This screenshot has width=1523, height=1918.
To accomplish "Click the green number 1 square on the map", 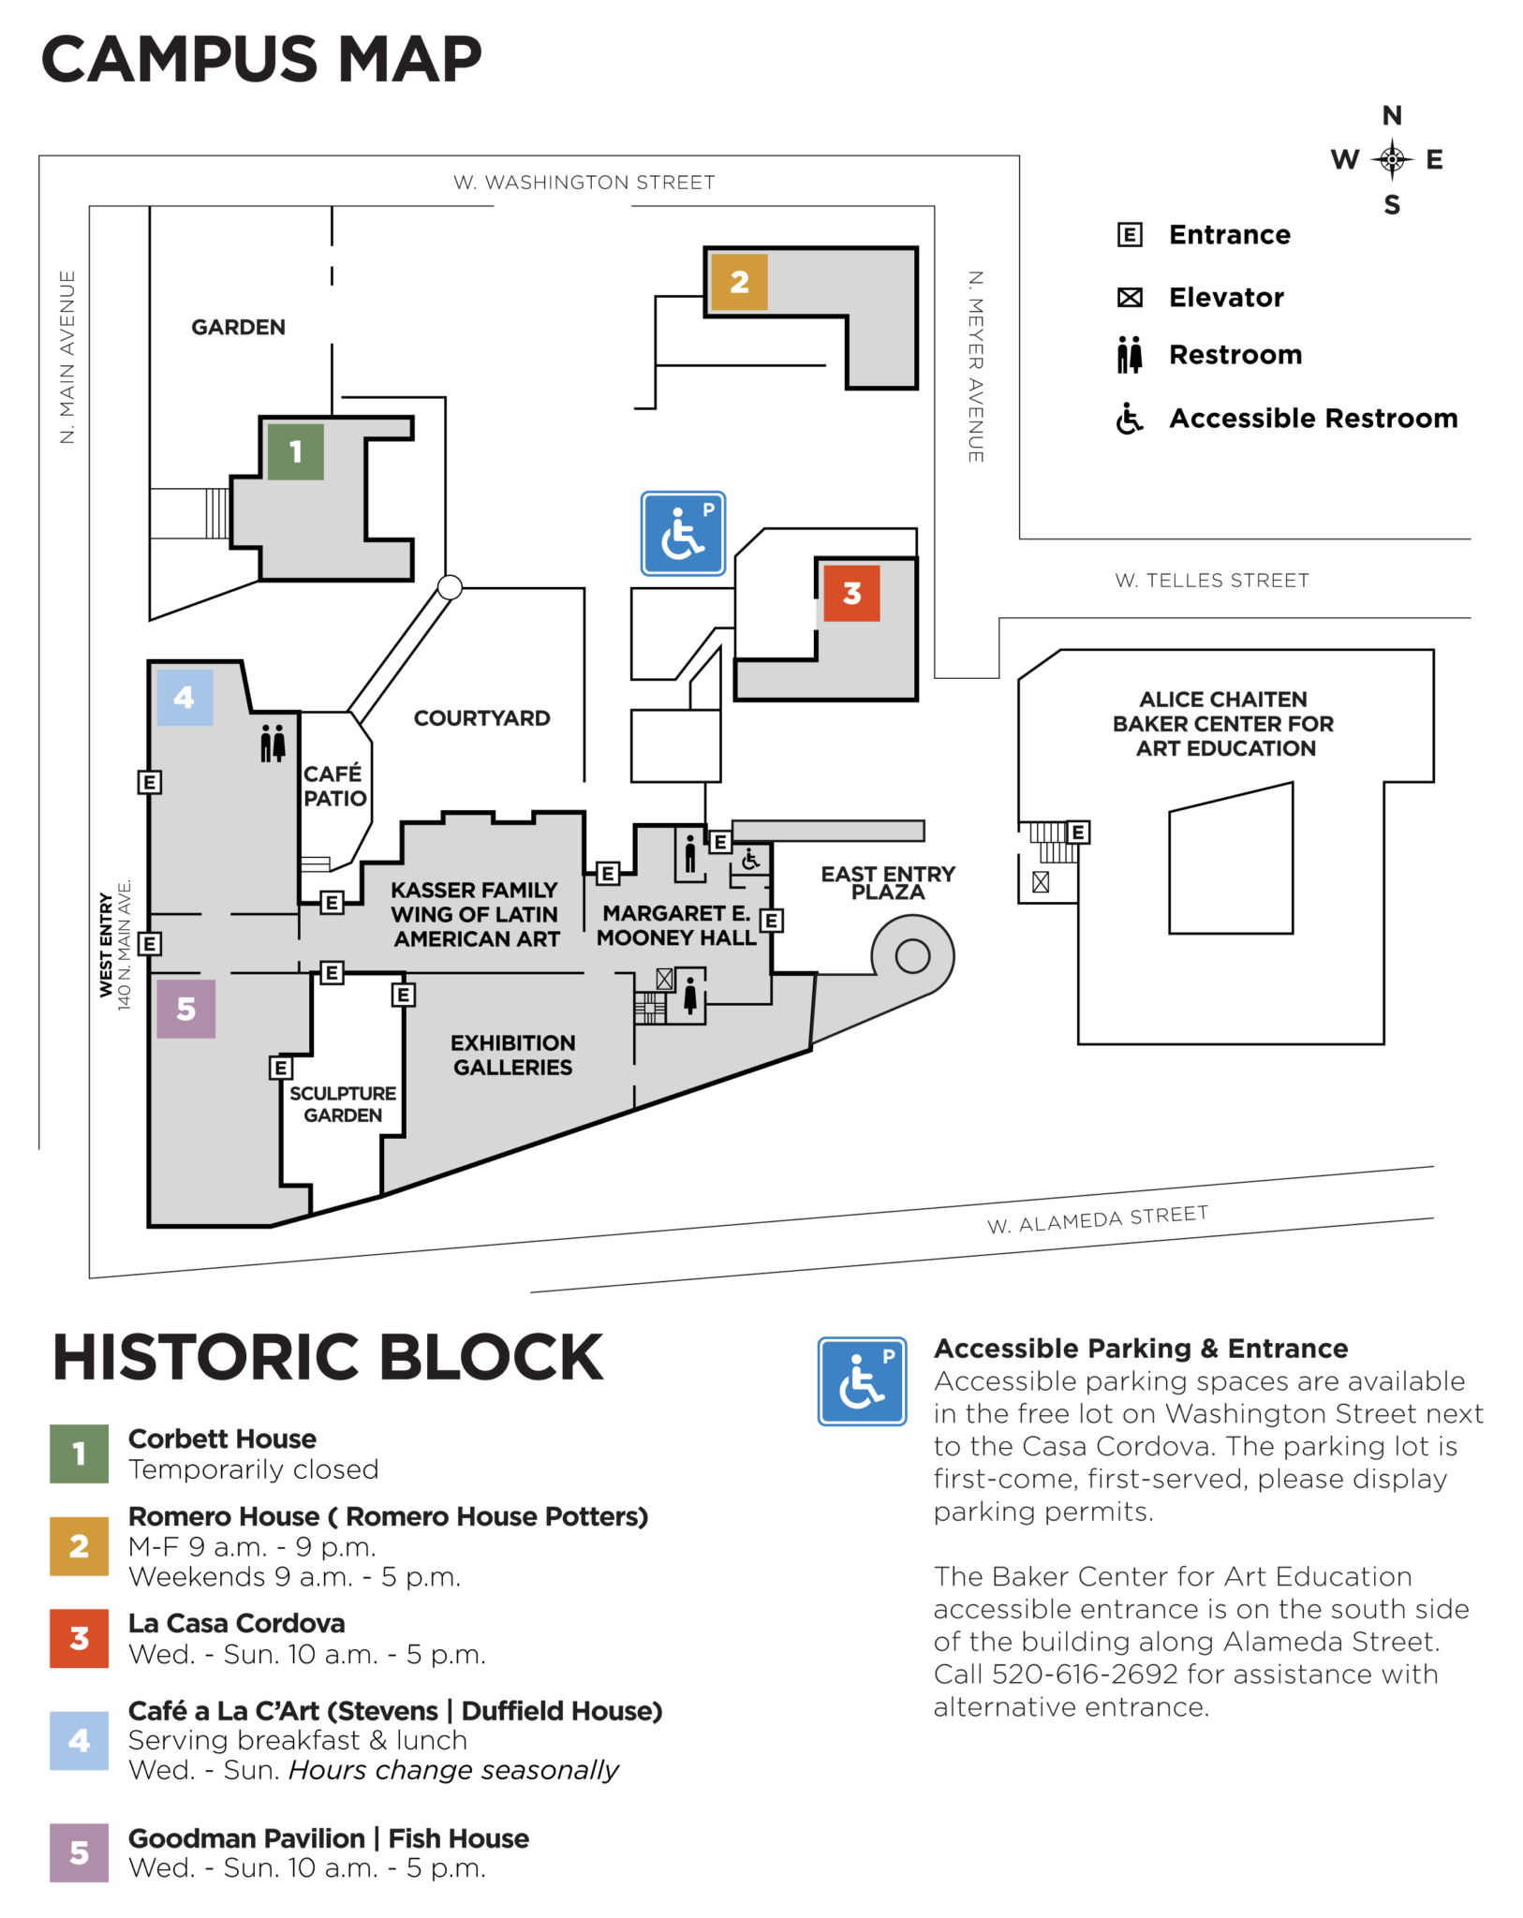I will coord(295,451).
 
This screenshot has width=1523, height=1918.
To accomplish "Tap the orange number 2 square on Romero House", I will coord(739,281).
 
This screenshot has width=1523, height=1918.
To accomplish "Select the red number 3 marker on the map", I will coord(851,593).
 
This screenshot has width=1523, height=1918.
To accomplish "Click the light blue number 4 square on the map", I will coord(184,697).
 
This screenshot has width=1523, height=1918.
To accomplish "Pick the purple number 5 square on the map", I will coord(185,1009).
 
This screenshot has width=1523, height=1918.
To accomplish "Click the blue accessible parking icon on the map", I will coord(683,533).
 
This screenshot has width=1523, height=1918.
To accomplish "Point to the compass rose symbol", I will coord(1392,160).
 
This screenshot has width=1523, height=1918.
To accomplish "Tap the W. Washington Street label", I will coord(584,183).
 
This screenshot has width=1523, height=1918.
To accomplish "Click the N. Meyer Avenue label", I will coord(975,366).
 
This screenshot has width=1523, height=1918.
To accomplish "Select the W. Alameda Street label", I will coord(1097,1219).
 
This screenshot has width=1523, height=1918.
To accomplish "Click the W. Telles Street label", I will coord(1211,581).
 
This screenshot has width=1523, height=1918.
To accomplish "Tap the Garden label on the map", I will coord(238,327).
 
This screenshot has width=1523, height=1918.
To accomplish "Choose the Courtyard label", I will coord(481,718).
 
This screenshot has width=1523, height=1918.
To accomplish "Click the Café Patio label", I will coord(334,786).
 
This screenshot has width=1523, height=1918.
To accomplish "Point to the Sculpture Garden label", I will coord(343,1104).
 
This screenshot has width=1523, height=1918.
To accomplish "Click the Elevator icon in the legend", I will coord(1130,298).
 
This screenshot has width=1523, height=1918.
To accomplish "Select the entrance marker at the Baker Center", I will coord(1078,832).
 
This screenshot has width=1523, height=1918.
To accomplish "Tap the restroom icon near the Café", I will coord(273,743).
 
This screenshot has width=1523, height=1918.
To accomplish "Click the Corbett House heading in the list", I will coord(222,1438).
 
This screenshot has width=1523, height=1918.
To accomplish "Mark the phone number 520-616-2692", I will coord(1085,1674).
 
